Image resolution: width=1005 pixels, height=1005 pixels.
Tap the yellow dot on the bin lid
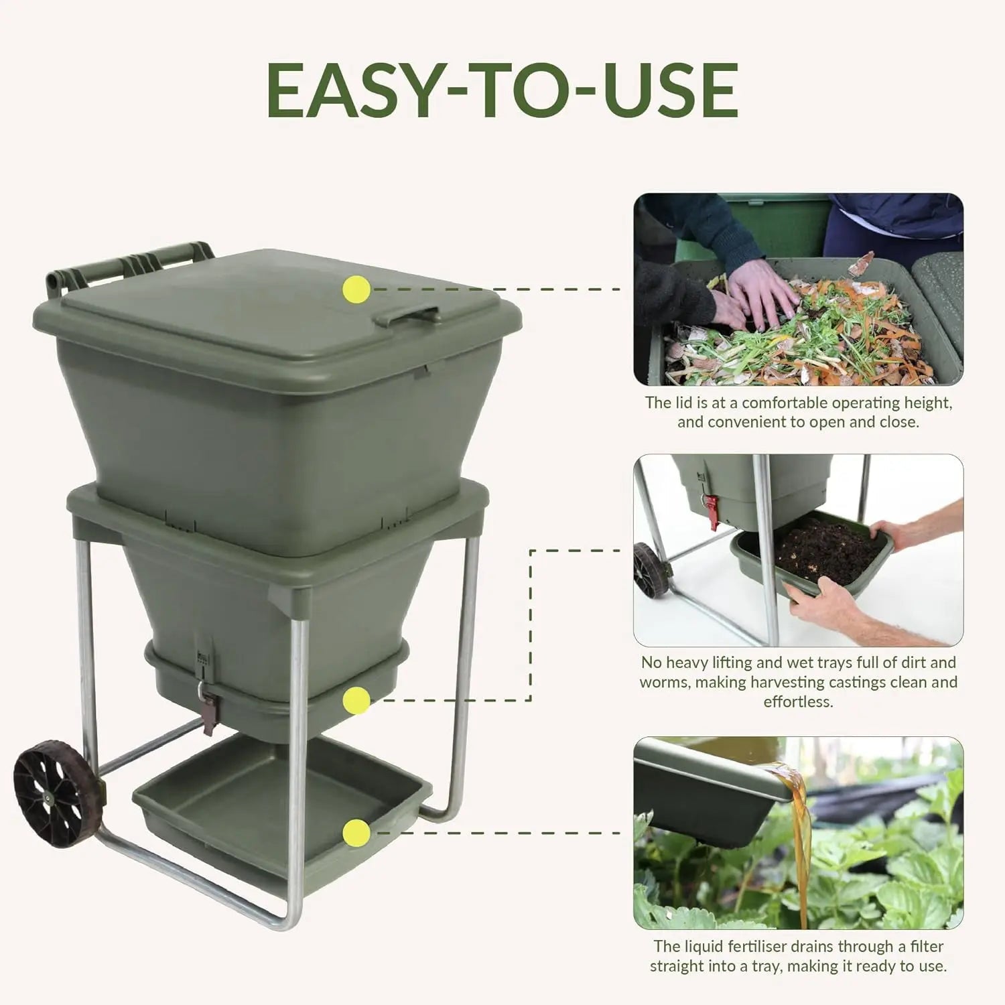pos(356,289)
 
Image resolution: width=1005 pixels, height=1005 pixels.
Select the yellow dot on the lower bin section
pos(356,701)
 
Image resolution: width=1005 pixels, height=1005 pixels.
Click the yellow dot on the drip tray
pos(356,833)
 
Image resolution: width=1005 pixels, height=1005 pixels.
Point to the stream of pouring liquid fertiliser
pos(799,844)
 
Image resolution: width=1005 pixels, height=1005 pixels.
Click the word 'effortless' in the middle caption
pos(798,702)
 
